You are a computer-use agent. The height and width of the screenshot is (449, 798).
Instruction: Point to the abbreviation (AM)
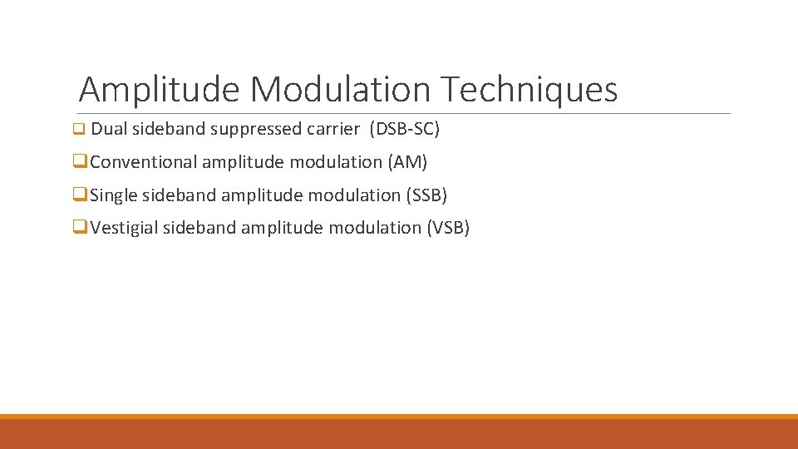click(x=407, y=162)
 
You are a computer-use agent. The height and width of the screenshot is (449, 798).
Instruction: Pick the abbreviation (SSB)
click(x=426, y=195)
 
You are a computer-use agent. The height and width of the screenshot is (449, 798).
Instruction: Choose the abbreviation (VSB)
click(x=448, y=228)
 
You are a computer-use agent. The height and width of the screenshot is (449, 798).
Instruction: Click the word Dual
click(x=108, y=130)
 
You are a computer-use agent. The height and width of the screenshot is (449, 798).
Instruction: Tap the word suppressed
click(x=256, y=130)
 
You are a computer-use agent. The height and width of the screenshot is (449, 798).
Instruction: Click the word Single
click(x=114, y=195)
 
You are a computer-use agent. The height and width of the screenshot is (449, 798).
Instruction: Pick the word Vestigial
click(x=124, y=228)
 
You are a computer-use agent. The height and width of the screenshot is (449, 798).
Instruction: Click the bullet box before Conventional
click(x=79, y=162)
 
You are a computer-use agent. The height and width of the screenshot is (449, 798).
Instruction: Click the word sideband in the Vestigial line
click(x=199, y=228)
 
